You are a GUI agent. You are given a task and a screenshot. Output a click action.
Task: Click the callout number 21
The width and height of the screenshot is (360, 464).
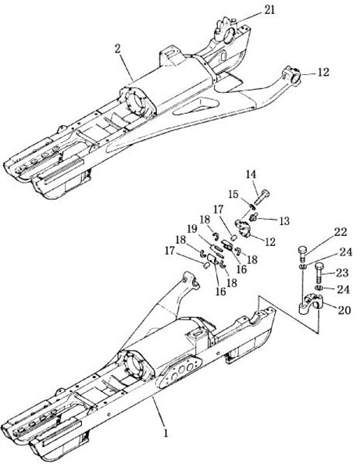(269, 10)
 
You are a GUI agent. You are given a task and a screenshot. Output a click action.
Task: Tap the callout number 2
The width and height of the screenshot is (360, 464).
(118, 49)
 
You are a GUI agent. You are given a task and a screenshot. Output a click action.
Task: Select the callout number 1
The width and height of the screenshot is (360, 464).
(166, 434)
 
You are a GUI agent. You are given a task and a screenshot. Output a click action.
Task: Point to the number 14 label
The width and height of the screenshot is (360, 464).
(251, 174)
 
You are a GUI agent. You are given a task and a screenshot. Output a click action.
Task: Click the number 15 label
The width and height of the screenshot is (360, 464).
(233, 195)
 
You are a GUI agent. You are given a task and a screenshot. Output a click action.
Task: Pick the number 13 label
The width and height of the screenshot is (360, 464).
(284, 221)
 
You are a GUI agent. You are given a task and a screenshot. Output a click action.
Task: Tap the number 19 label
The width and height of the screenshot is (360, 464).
(193, 229)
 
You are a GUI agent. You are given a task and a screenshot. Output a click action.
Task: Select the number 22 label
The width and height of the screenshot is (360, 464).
(340, 232)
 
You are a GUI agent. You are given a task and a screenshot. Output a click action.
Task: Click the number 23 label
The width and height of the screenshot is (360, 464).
(342, 273)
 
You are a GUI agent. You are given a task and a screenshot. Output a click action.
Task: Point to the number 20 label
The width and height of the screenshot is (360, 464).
(344, 310)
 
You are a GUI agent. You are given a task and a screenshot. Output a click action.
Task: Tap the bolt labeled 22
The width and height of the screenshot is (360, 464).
(302, 253)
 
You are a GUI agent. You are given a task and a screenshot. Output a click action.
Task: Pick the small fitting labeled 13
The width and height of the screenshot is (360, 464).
(253, 217)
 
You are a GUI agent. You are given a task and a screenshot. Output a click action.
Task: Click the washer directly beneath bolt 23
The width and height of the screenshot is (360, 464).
(319, 288)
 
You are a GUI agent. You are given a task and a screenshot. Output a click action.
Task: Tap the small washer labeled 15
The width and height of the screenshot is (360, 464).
(251, 205)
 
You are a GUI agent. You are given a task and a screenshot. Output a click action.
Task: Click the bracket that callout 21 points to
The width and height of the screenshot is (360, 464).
(226, 30)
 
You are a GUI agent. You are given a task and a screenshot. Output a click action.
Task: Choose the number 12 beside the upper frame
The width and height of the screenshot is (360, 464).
(323, 73)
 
